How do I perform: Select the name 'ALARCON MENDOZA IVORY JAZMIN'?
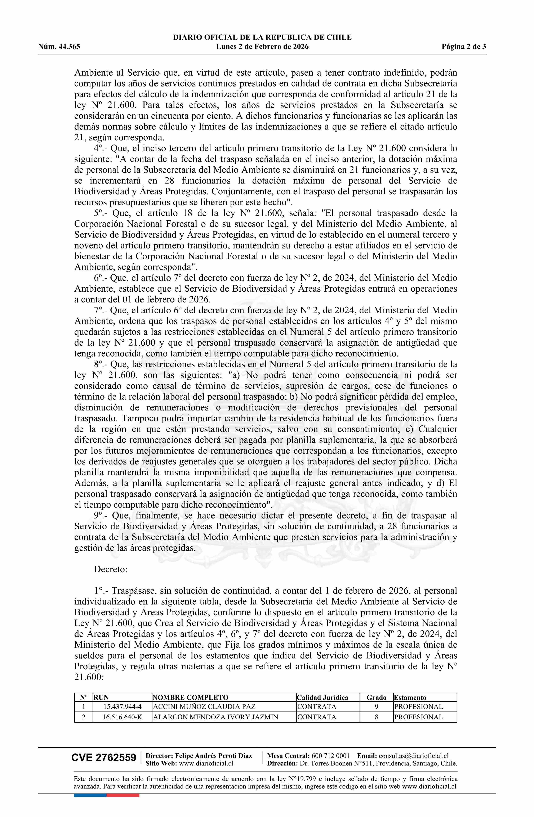click(x=215, y=717)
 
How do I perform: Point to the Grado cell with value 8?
click(x=377, y=717)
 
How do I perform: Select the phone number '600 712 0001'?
click(x=330, y=756)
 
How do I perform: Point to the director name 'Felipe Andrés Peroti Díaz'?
click(x=213, y=756)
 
